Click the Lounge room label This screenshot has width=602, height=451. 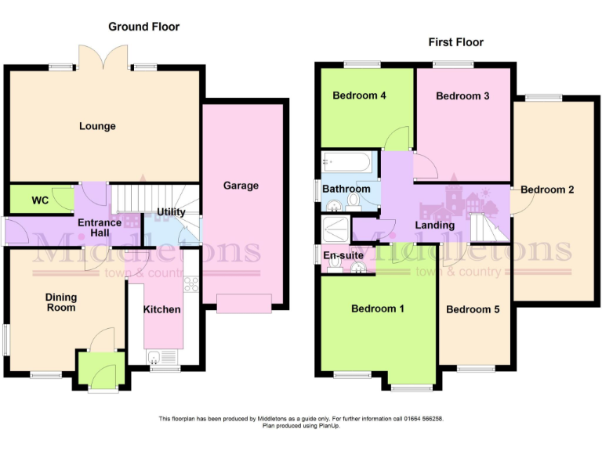tap(97, 126)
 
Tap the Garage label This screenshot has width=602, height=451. tap(241, 186)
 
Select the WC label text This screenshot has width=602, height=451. tap(40, 200)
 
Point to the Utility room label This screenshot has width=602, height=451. tap(171, 212)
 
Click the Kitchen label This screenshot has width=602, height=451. tap(162, 309)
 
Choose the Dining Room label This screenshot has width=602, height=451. tap(60, 302)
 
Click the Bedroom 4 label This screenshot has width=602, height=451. tap(359, 96)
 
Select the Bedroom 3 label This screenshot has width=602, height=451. tap(462, 96)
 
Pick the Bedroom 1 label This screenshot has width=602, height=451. tap(378, 308)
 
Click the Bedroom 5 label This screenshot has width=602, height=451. tap(473, 309)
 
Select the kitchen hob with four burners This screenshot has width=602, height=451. tap(191, 285)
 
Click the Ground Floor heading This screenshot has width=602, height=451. tap(143, 27)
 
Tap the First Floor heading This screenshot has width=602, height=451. tap(455, 42)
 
